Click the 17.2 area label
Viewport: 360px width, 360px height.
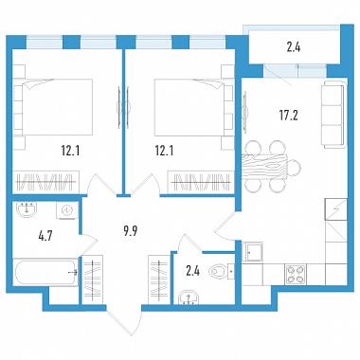pos(288,116)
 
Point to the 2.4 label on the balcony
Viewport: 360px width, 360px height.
pos(294,48)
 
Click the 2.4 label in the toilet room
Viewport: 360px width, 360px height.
pos(192,271)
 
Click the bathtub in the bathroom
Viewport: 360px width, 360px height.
pos(45,272)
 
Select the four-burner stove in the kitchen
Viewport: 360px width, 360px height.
pos(296,274)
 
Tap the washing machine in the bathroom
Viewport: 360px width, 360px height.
pos(67,210)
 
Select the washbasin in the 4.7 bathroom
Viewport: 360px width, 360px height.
pos(27,209)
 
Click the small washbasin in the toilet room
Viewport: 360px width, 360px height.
pos(189,298)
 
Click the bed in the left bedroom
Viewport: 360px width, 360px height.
pos(53,107)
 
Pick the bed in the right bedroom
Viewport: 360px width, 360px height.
pos(194,107)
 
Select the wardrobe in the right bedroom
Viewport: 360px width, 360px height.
pos(201,182)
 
